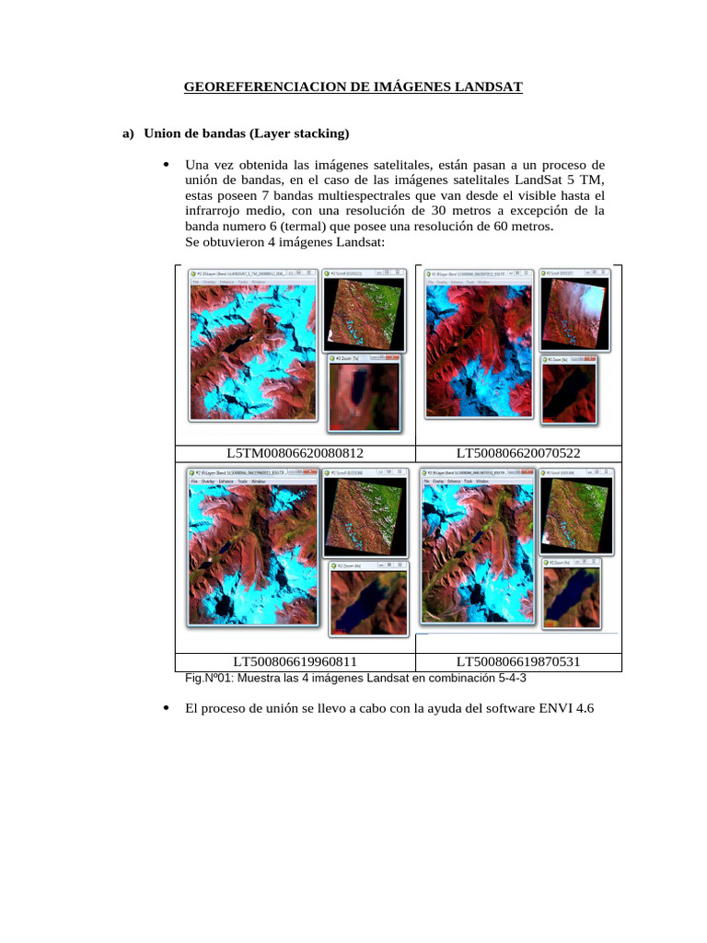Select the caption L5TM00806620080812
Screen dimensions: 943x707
295,452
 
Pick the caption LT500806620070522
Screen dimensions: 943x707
518,452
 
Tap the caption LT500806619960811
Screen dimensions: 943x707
295,661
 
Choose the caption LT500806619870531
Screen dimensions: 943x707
518,661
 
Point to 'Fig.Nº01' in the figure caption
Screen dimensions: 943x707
210,679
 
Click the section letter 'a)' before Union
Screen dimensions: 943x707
129,134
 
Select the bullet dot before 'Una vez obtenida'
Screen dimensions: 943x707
166,166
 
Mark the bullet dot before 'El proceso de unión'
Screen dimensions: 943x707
166,708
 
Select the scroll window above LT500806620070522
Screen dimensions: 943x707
574,312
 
